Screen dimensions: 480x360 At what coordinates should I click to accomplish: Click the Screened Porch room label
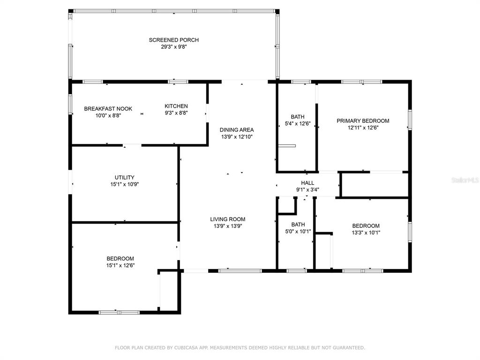click(173, 40)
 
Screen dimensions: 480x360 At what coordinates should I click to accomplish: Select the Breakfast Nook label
click(108, 109)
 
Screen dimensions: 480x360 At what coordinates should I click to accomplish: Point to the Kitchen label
click(176, 106)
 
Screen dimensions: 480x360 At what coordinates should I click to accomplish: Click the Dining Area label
click(237, 130)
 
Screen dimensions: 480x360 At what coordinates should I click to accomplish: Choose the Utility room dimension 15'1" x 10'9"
click(125, 184)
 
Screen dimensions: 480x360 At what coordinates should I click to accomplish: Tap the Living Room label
click(227, 219)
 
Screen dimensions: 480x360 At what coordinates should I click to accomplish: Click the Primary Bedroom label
click(363, 121)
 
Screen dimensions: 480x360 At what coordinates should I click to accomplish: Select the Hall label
click(307, 183)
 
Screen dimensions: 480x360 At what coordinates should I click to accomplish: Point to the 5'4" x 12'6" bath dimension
click(298, 124)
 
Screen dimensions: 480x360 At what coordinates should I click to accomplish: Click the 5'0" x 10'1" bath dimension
click(298, 232)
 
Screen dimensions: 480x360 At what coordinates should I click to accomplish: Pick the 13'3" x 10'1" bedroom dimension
click(366, 232)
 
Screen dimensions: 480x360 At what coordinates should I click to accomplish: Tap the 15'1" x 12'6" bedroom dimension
click(120, 265)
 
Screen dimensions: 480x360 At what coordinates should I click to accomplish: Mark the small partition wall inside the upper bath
click(287, 146)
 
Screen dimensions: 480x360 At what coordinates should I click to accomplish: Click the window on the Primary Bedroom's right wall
click(410, 120)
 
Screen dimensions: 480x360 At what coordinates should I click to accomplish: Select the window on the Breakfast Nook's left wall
click(70, 105)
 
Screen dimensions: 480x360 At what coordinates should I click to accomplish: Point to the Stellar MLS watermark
click(465, 180)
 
